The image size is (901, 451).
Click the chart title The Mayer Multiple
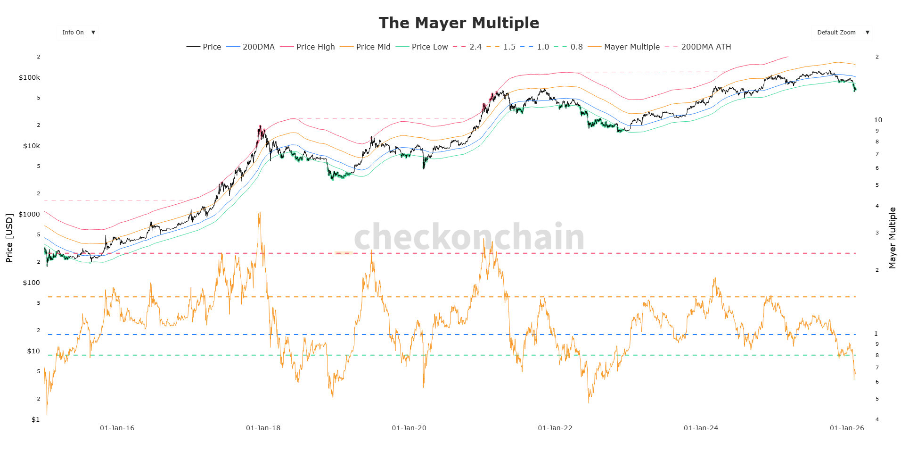[x=459, y=23]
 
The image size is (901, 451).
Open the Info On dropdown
[x=78, y=33]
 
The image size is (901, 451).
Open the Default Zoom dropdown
[x=842, y=33]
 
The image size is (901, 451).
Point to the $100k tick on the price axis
[x=29, y=77]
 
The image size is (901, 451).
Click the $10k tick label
[x=32, y=146]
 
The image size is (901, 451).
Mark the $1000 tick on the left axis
[x=29, y=214]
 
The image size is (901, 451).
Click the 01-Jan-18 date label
[x=263, y=428]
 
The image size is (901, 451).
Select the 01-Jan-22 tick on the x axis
[x=555, y=428]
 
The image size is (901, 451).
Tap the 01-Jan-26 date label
[x=847, y=428]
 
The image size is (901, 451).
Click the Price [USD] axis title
[x=9, y=238]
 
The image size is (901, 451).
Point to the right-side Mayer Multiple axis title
[x=892, y=238]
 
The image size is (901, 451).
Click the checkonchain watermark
[x=469, y=237]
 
